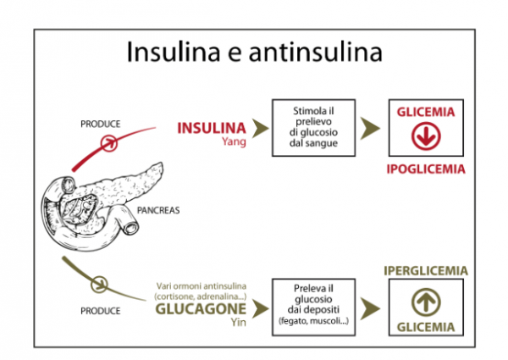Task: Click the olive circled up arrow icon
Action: click(x=428, y=301)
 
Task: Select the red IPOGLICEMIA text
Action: click(x=427, y=169)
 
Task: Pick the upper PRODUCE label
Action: click(x=99, y=124)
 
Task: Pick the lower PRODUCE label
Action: click(x=99, y=311)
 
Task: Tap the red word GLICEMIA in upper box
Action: click(x=428, y=112)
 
